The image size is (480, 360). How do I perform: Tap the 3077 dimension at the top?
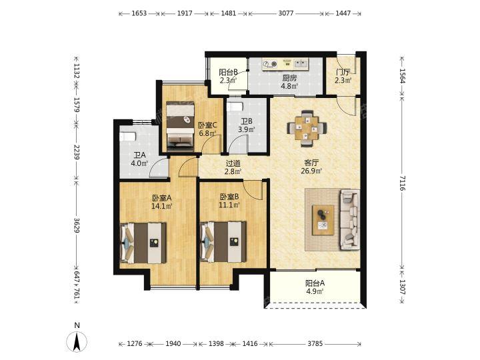pyautogui.click(x=286, y=13)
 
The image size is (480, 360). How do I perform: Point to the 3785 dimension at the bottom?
pyautogui.click(x=315, y=344)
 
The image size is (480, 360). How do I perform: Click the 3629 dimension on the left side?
pyautogui.click(x=77, y=225)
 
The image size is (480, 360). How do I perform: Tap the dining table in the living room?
pyautogui.click(x=307, y=128)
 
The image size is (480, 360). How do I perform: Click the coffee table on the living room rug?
pyautogui.click(x=323, y=220)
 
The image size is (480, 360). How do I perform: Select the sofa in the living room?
pyautogui.click(x=350, y=220)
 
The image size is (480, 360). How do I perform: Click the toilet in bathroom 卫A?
pyautogui.click(x=128, y=137)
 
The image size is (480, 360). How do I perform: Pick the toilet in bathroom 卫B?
pyautogui.click(x=235, y=107)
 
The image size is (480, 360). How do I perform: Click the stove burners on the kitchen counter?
pyautogui.click(x=270, y=64)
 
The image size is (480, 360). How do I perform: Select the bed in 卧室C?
pyautogui.click(x=180, y=127)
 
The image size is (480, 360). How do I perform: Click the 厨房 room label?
pyautogui.click(x=289, y=78)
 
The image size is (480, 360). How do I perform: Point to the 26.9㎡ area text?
pyautogui.click(x=311, y=171)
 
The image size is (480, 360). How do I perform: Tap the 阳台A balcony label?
pyautogui.click(x=315, y=283)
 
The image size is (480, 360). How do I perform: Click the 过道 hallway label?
pyautogui.click(x=233, y=164)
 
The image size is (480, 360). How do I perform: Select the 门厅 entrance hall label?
pyautogui.click(x=343, y=73)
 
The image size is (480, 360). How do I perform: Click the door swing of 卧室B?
pyautogui.click(x=253, y=190)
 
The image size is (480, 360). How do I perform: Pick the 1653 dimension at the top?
pyautogui.click(x=139, y=13)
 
